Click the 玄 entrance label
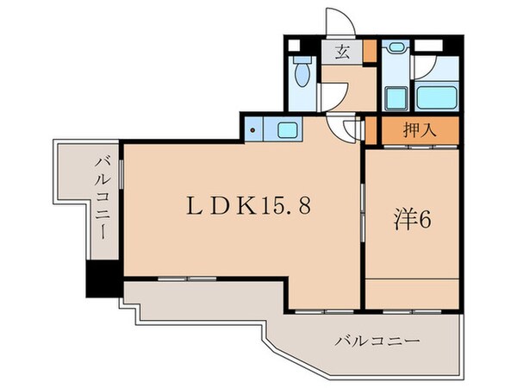click(342, 51)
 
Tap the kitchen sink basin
click(287, 131)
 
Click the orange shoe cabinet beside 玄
click(369, 50)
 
